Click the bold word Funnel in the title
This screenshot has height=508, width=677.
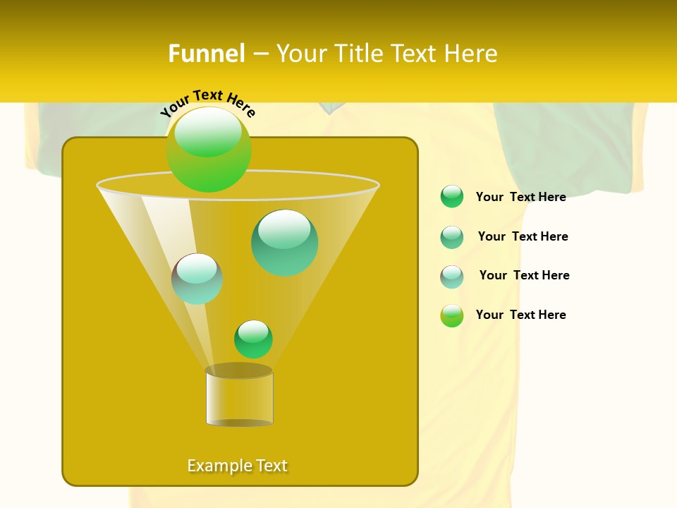coord(206,54)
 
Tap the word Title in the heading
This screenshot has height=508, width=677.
coord(357,54)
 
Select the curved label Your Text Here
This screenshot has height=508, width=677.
coord(208,103)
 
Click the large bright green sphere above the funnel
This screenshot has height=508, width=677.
coord(209,149)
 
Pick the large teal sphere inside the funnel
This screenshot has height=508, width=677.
coord(284,242)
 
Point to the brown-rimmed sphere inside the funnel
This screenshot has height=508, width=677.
coord(197,279)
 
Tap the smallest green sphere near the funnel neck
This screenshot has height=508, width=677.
coord(253,339)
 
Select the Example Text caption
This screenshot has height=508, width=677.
coord(238,466)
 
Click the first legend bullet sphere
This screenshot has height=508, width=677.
coord(452,197)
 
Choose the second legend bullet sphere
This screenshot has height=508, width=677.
coord(452,237)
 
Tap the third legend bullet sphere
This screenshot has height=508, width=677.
coord(452,277)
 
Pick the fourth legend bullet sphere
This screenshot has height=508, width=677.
coord(452,315)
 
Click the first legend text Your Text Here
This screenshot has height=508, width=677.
coord(520,197)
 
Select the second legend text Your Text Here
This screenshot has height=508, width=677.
coord(523,236)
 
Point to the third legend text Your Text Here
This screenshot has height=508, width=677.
coord(524,275)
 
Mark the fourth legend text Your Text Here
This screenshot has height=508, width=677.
coord(520,315)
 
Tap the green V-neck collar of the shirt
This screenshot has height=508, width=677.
coord(331,108)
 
